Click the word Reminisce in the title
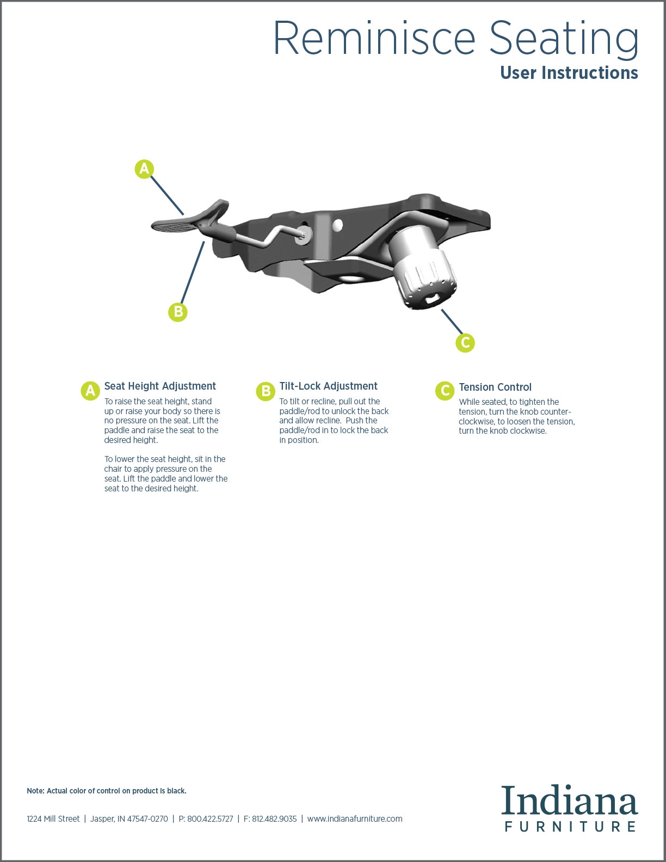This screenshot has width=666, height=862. (374, 38)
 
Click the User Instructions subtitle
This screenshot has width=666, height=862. (569, 72)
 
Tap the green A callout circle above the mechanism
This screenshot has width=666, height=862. (144, 169)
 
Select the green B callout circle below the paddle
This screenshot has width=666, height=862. (178, 312)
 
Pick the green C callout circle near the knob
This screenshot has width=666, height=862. (465, 342)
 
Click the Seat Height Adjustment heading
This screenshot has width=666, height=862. (160, 386)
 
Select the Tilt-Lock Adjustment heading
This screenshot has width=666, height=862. (328, 386)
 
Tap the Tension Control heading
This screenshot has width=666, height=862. (495, 387)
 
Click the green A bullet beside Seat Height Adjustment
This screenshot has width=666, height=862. (90, 391)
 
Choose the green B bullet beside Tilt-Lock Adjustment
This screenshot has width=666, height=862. (266, 391)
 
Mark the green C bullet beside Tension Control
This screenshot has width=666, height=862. (445, 391)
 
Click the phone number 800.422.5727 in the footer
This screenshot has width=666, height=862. (210, 819)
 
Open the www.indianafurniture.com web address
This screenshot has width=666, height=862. (355, 819)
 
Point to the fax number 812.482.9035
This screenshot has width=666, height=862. (274, 819)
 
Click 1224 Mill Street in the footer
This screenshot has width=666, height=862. (53, 819)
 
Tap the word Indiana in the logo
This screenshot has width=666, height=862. (570, 800)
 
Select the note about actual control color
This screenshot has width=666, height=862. (106, 791)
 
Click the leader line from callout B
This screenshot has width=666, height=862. (193, 273)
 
